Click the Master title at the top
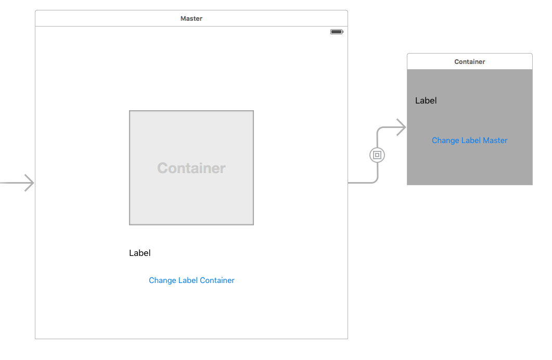pos(191,19)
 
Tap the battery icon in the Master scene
pos(337,32)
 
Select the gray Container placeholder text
pos(191,168)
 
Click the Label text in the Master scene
pos(140,253)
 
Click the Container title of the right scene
pos(470,62)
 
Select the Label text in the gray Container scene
pos(426,100)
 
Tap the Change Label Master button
pos(470,140)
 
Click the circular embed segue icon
pos(377,155)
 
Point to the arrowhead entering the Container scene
pos(402,127)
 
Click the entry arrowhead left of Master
pos(30,183)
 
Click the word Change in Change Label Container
pos(162,280)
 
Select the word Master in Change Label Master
pos(495,140)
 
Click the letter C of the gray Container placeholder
pos(162,168)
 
